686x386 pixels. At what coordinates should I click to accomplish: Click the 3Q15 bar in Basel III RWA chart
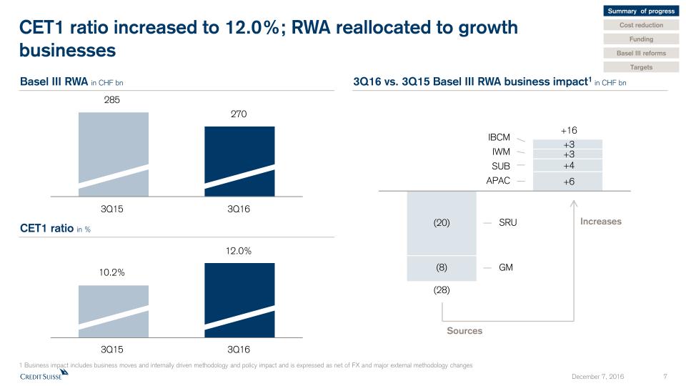(114, 154)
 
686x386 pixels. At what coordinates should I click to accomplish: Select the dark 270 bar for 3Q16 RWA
(239, 161)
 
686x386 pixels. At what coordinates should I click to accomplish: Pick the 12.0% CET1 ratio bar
(239, 300)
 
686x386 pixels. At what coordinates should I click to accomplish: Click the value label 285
(113, 100)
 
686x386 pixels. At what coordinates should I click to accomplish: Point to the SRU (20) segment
(442, 223)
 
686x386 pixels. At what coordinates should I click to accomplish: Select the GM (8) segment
(442, 268)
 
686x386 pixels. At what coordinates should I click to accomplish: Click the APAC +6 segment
(569, 182)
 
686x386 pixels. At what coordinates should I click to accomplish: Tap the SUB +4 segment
(569, 166)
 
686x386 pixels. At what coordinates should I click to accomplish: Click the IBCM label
(499, 137)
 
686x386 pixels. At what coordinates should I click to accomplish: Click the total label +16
(569, 130)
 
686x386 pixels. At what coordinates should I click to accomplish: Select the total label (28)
(442, 290)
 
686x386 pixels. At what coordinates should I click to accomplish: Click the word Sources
(464, 331)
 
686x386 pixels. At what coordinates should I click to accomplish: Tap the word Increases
(601, 222)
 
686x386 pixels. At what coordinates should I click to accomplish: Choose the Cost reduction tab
(641, 25)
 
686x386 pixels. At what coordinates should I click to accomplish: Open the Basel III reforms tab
(641, 53)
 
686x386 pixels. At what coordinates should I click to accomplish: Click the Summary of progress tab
(641, 11)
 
